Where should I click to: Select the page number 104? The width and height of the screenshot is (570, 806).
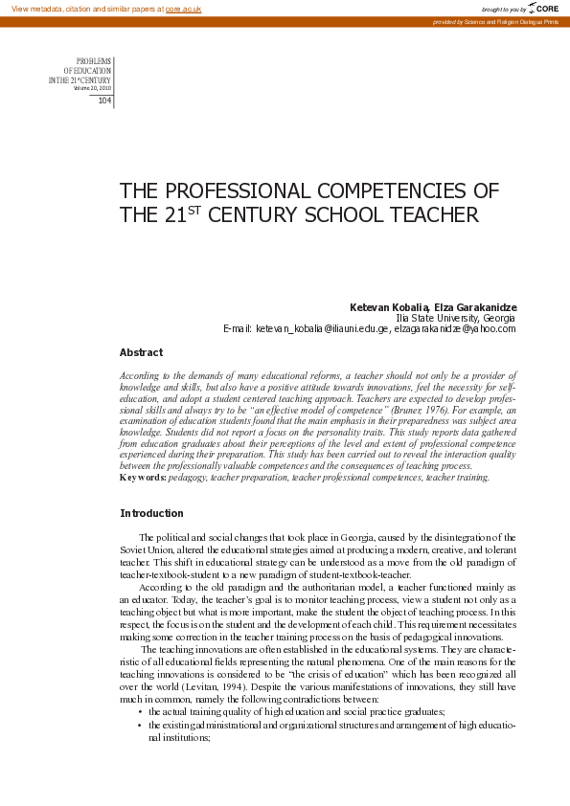[x=104, y=101]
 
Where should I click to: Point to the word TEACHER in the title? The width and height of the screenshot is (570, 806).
[x=432, y=214]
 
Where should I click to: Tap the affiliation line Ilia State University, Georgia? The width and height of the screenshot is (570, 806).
[x=455, y=317]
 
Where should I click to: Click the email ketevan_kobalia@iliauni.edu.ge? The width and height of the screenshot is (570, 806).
[x=321, y=328]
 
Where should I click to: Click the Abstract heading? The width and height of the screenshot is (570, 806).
[x=141, y=352]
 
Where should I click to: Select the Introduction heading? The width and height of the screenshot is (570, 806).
[x=151, y=513]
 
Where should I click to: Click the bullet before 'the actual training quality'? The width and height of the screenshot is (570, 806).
[x=140, y=712]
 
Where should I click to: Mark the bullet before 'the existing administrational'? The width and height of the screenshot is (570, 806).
[x=140, y=726]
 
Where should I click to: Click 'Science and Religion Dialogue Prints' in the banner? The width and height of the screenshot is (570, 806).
[x=509, y=21]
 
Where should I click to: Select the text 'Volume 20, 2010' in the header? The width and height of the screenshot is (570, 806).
[x=93, y=88]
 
